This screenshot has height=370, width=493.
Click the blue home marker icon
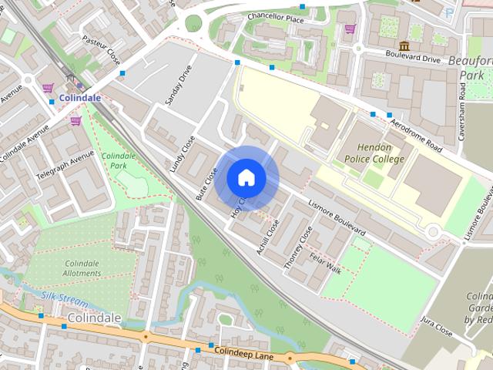click(246, 177)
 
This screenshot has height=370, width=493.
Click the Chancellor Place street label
click(276, 16)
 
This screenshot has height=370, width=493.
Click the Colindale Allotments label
click(82, 268)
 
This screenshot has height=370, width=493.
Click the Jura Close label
click(438, 329)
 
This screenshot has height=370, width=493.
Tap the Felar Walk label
click(325, 267)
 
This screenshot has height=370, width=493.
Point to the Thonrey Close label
click(298, 247)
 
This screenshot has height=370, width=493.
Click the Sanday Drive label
click(178, 85)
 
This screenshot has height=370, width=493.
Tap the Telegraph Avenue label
click(65, 165)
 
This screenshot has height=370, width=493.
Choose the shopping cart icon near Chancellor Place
click(350, 29)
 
